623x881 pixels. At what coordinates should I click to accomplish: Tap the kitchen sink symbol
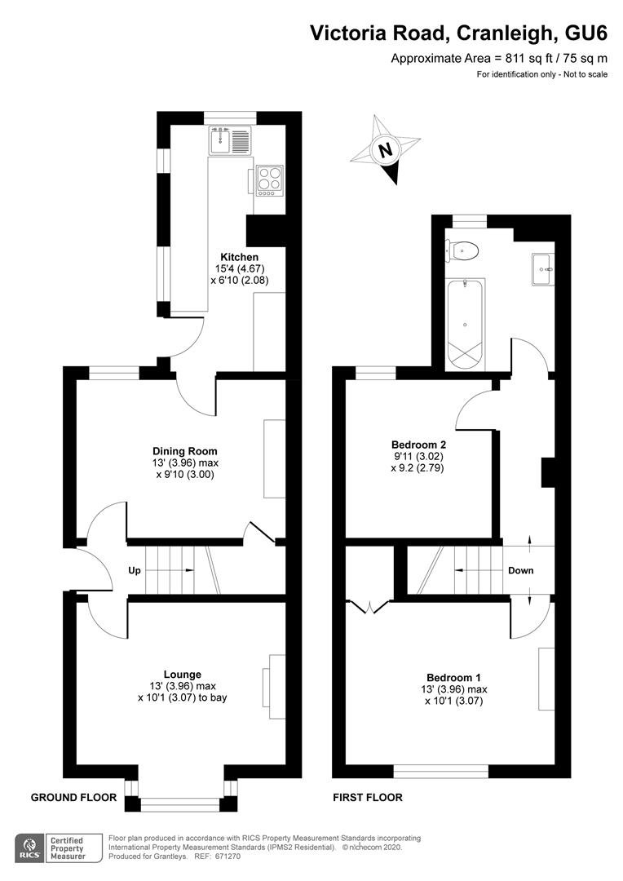pyautogui.click(x=229, y=140)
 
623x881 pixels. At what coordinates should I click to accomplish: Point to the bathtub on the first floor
pyautogui.click(x=466, y=324)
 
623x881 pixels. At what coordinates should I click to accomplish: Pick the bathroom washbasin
pyautogui.click(x=543, y=269)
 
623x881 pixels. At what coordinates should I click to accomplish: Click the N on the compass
pyautogui.click(x=385, y=151)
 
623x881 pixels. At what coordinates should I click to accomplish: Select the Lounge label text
pyautogui.click(x=183, y=675)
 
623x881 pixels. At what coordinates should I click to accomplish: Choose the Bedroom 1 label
pyautogui.click(x=453, y=678)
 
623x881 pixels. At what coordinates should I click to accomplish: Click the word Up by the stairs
pyautogui.click(x=135, y=571)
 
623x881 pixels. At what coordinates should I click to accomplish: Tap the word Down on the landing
pyautogui.click(x=521, y=570)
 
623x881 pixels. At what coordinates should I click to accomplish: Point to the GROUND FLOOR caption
pyautogui.click(x=73, y=797)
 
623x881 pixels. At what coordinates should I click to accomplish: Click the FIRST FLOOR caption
pyautogui.click(x=368, y=797)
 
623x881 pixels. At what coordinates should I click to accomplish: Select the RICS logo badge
pyautogui.click(x=30, y=848)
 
